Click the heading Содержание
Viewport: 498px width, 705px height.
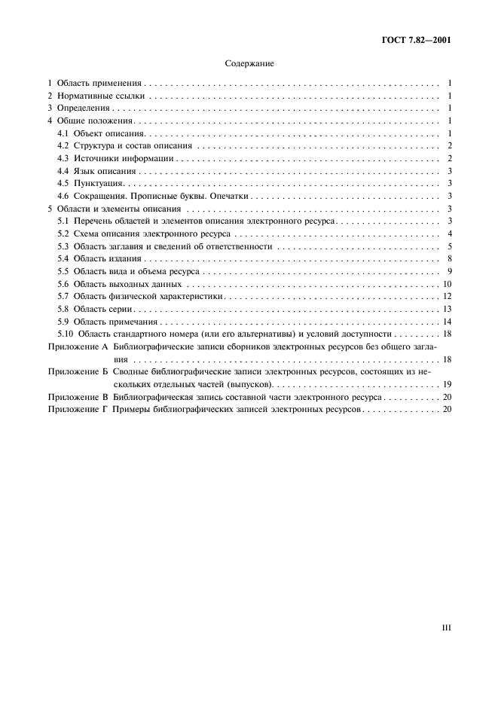tap(249, 64)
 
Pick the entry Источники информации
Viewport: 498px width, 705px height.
tap(124, 158)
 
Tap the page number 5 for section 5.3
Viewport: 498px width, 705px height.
tap(448, 246)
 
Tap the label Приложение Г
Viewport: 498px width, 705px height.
tap(78, 409)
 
